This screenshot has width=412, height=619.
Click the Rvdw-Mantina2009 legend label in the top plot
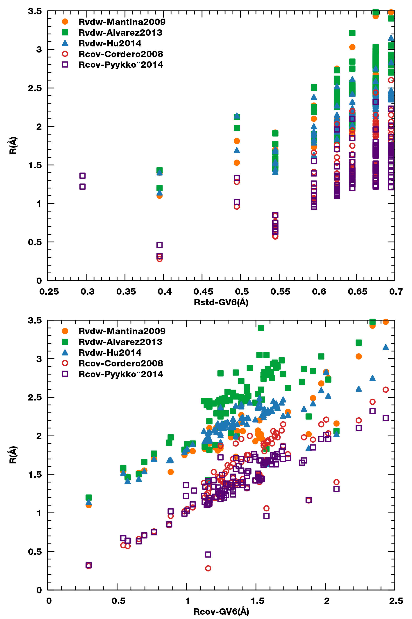(122, 22)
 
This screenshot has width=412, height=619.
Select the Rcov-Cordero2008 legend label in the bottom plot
(121, 363)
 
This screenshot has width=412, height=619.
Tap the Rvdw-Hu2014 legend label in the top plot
(110, 43)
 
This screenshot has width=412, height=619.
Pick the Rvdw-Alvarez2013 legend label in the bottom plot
(120, 342)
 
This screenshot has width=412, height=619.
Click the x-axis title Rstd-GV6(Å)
(221, 302)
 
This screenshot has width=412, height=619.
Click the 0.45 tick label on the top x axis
(203, 292)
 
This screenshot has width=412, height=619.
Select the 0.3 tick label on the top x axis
(88, 292)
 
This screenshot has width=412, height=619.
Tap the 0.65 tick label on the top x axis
(358, 292)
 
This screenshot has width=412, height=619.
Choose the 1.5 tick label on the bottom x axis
(257, 601)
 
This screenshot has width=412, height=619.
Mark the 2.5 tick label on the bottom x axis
(396, 601)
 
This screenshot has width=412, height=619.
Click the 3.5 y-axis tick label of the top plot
(35, 11)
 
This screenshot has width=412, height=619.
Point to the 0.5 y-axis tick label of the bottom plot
(35, 552)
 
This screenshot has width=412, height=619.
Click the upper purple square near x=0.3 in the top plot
(83, 176)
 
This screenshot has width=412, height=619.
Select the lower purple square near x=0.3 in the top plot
(83, 187)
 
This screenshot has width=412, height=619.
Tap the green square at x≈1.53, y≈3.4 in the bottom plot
(261, 328)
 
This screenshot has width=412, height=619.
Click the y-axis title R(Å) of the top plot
(13, 145)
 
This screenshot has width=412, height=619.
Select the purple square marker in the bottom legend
(65, 374)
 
